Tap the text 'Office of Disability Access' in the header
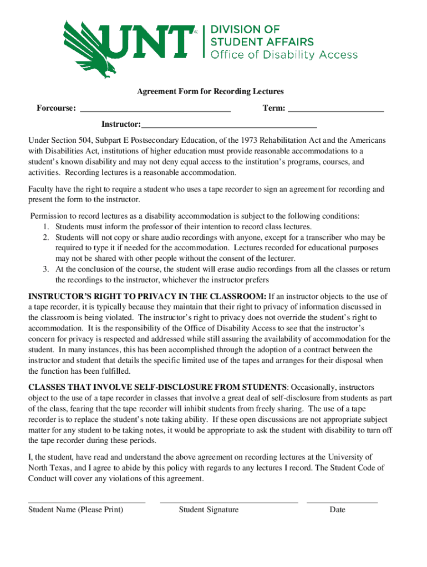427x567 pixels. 283,54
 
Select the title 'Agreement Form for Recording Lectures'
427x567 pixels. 210,91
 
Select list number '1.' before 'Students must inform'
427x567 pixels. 47,226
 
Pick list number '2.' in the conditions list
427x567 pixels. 47,238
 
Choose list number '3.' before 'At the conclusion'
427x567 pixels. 47,270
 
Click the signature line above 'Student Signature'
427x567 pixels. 228,502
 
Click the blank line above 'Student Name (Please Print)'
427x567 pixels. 87,502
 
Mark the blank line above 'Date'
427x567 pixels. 342,502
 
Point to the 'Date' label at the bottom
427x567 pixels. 337,510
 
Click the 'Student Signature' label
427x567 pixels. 209,510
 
